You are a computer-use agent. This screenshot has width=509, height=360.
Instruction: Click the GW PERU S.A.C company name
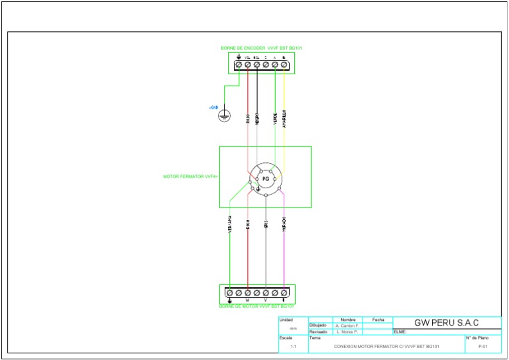446,323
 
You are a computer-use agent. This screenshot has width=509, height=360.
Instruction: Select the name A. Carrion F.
347,326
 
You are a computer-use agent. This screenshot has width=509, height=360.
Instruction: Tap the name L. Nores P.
347,331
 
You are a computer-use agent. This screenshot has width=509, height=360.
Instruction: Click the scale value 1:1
294,346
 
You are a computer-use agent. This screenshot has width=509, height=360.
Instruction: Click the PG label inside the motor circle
265,179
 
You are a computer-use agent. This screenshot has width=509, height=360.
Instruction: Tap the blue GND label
213,107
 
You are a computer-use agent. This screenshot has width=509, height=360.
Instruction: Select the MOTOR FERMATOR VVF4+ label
191,176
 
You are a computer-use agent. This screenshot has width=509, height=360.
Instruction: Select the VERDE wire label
275,118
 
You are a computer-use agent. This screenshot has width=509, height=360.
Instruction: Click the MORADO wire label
284,223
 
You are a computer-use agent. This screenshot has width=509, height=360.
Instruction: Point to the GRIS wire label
265,224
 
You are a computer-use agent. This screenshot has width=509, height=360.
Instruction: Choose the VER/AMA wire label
229,223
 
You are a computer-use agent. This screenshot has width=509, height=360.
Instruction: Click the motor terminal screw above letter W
247,292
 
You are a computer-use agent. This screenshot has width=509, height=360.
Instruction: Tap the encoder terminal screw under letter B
284,65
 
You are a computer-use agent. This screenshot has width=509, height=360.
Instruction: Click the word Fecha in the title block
378,320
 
